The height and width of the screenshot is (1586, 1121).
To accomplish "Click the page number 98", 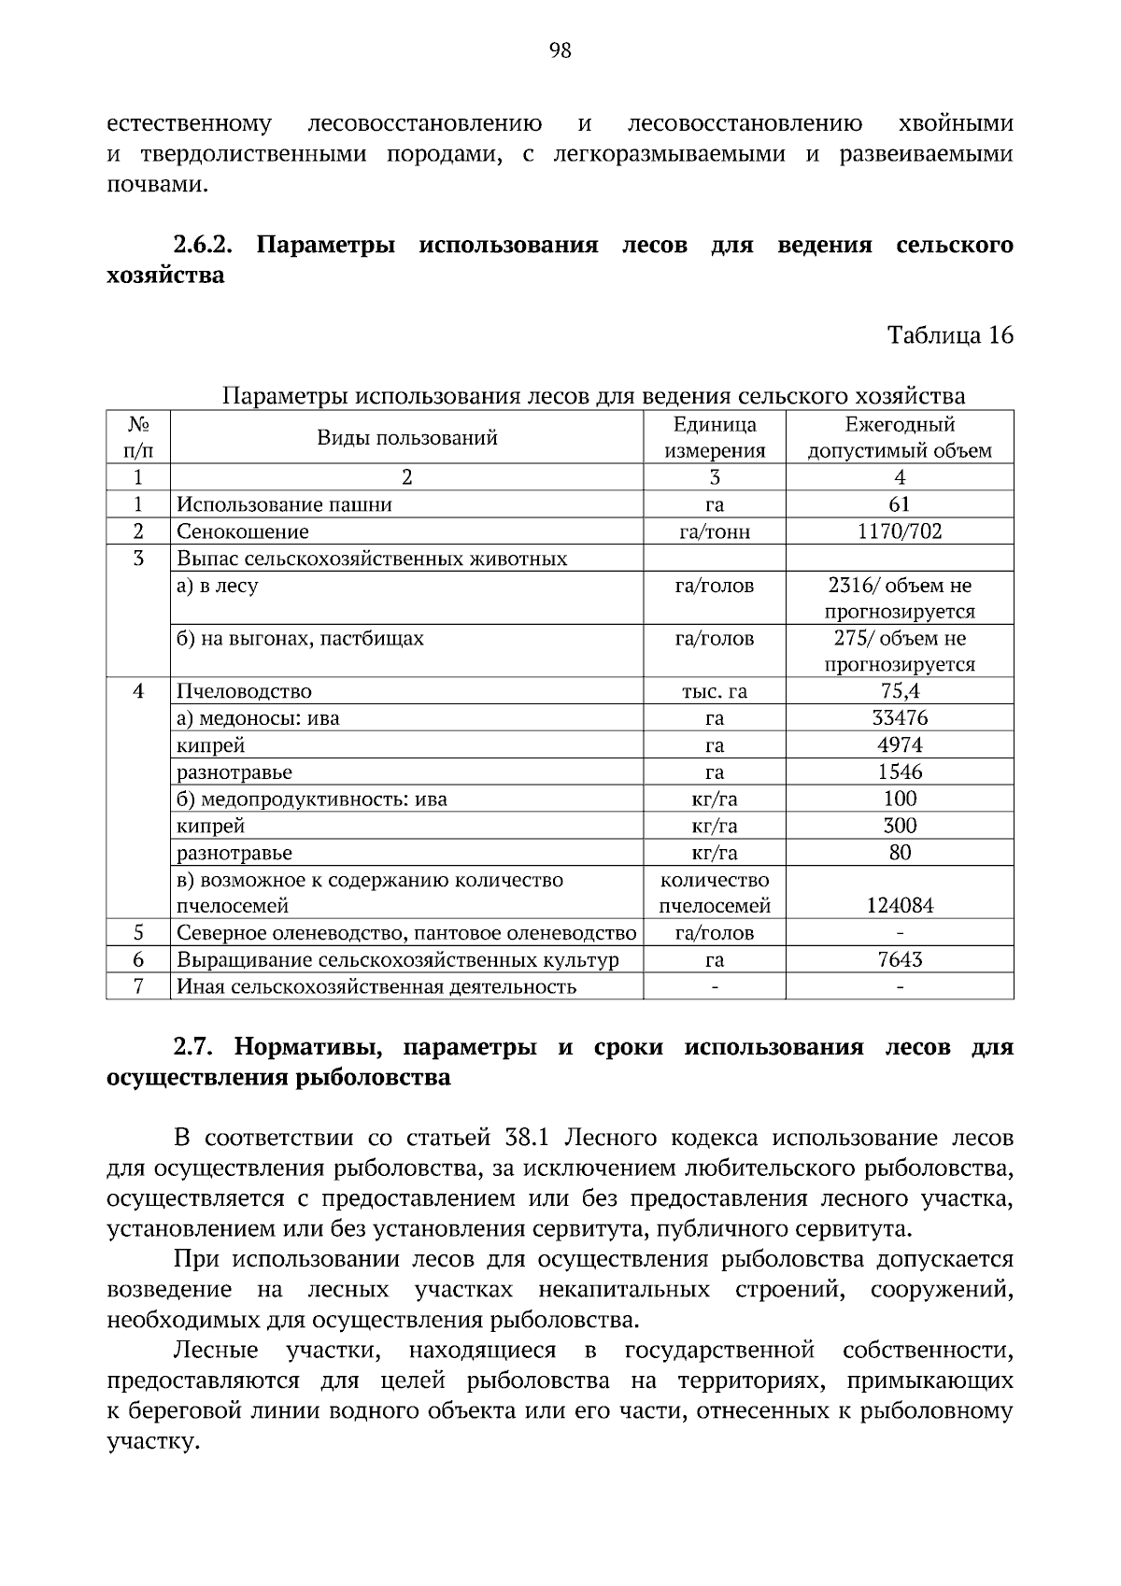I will pos(560,51).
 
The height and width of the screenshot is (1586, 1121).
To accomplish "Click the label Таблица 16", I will pos(949,335).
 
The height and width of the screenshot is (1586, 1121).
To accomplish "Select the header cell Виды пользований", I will pos(406,438).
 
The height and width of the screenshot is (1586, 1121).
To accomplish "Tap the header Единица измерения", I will pos(715,438).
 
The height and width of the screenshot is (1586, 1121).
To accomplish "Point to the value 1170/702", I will pos(900,531).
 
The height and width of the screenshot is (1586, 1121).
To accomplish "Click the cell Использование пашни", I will pos(285,504).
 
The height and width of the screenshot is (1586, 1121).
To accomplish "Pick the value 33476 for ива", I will pos(900,718).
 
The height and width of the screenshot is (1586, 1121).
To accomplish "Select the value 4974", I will pos(900,745).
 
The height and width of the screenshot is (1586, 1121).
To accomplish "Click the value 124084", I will pos(900,905).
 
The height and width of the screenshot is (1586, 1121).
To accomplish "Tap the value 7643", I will pos(900,959).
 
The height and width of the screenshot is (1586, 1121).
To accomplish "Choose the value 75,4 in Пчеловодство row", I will pos(900,691).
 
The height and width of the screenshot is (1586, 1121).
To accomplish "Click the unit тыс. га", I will pos(715,691).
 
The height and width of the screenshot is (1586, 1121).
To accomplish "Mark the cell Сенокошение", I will pos(243,531).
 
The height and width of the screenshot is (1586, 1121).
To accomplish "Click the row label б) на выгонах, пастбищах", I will pos(300,639).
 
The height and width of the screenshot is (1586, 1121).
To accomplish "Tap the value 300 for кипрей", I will pos(900,826).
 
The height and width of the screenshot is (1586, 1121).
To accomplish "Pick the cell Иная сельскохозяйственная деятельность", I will pos(376,986).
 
